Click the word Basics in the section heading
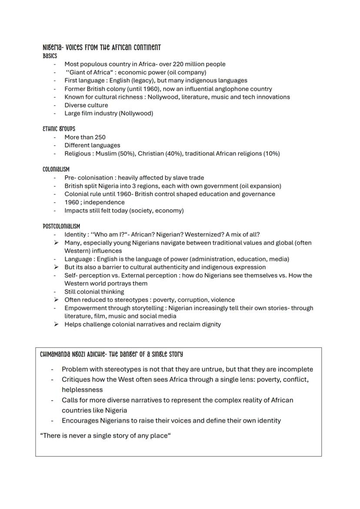tap(50, 56)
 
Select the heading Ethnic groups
tap(59, 129)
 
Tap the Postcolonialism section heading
tap(61, 226)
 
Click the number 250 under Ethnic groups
tap(100, 137)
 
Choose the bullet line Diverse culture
tap(86, 105)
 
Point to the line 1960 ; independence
tap(94, 202)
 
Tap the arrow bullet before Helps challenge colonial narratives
tap(56, 324)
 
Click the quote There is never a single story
tap(104, 436)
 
